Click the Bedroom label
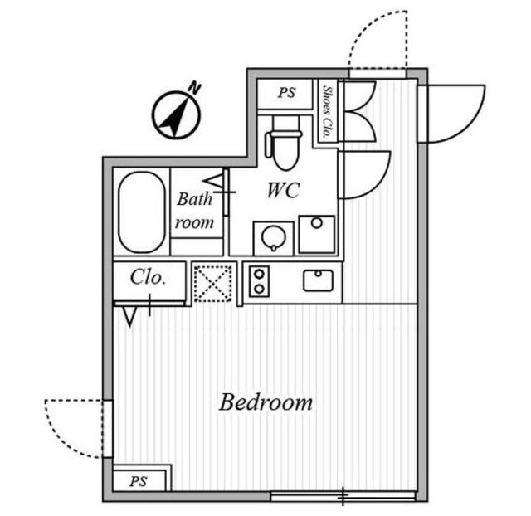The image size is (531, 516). pos(265,402)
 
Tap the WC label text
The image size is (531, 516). pos(284,190)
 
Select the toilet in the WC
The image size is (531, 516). pos(285,143)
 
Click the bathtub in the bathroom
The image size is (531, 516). pos(142,212)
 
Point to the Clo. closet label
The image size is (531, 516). pos(148,277)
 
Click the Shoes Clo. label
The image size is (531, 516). pos(328,112)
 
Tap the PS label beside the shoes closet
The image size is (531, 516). pos(286,93)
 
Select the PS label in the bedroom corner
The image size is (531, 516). pos(139,481)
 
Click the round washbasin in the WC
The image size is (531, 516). pos(274,238)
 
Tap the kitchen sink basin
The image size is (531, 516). pos(318,280)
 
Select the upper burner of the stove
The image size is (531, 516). pos(259,274)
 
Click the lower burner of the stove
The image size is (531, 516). pos(259,289)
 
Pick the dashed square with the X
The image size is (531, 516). pos(212,284)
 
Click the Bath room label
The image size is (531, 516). pos(195,211)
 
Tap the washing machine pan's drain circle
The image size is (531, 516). pos(317,223)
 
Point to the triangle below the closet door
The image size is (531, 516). pos(129,317)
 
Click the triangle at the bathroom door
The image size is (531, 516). pos(214,182)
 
